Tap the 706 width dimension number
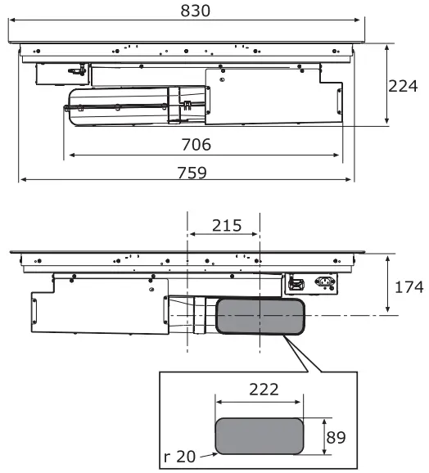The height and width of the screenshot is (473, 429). (195, 145)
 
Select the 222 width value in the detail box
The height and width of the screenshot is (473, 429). (260, 390)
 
